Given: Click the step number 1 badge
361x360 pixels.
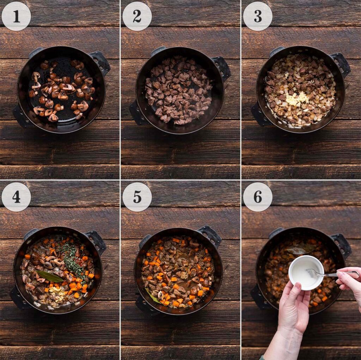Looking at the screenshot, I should [16, 16].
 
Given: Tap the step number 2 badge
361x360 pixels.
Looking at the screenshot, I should [137, 16].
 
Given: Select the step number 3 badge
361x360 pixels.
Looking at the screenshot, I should [258, 16].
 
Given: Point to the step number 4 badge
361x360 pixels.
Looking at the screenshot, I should [16, 197].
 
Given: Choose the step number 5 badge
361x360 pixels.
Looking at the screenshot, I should [137, 197].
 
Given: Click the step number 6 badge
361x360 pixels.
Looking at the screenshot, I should [258, 197].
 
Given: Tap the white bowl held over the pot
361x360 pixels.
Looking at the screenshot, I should [305, 272].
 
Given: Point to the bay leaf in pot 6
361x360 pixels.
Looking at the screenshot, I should [296, 251].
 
